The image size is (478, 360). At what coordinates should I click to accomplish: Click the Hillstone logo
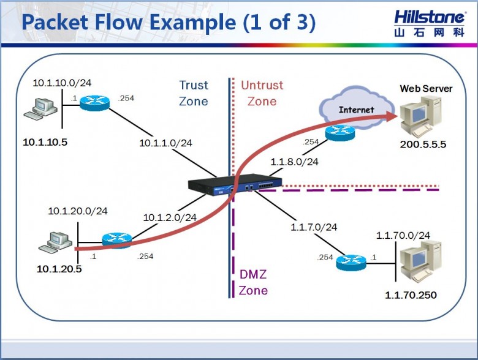(x=430, y=23)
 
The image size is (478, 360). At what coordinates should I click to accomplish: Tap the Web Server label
(x=426, y=89)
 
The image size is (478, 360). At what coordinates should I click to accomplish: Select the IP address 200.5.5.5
(x=423, y=144)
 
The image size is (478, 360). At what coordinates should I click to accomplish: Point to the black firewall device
(x=235, y=184)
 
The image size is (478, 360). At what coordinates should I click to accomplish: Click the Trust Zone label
(x=194, y=93)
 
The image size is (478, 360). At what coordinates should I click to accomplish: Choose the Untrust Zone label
(x=262, y=93)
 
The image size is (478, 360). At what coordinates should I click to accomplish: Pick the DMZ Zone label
(x=253, y=282)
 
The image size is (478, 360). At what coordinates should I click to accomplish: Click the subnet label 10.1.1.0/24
(x=165, y=143)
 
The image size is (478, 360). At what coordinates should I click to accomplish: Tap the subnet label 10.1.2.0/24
(x=170, y=217)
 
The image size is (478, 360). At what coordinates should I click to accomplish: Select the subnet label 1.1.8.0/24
(x=295, y=162)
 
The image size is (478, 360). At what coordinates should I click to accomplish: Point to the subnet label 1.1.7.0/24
(x=314, y=227)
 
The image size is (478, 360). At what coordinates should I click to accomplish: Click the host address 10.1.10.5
(x=45, y=142)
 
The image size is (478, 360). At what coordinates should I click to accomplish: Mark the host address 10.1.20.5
(x=59, y=269)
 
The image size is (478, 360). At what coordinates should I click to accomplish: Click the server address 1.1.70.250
(x=411, y=295)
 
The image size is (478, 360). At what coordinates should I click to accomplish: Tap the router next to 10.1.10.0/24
(x=94, y=103)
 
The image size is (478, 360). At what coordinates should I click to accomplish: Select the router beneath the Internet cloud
(x=340, y=133)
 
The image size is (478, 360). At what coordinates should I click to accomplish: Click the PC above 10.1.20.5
(x=55, y=242)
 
